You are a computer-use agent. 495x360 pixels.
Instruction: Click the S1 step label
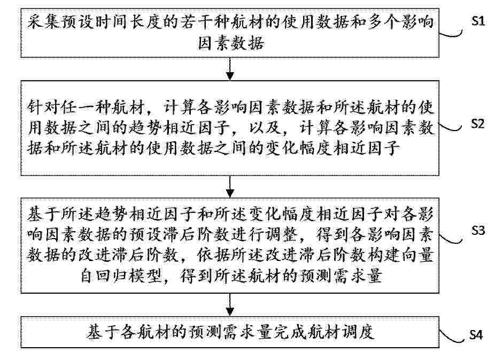click(478, 21)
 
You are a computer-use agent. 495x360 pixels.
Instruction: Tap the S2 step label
click(477, 124)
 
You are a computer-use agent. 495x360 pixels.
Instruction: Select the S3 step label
click(478, 230)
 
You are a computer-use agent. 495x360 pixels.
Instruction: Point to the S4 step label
click(476, 334)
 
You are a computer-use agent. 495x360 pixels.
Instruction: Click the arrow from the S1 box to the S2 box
click(230, 69)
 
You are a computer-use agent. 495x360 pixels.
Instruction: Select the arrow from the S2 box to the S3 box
click(230, 187)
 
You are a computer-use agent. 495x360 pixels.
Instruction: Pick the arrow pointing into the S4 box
click(230, 305)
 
